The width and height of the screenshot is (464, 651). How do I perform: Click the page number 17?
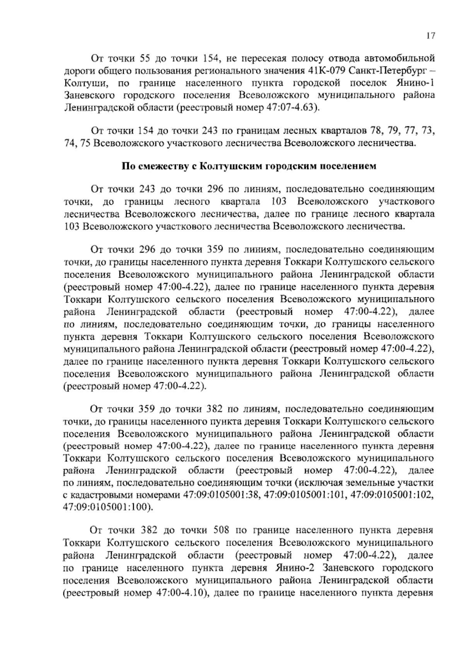tap(431, 36)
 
